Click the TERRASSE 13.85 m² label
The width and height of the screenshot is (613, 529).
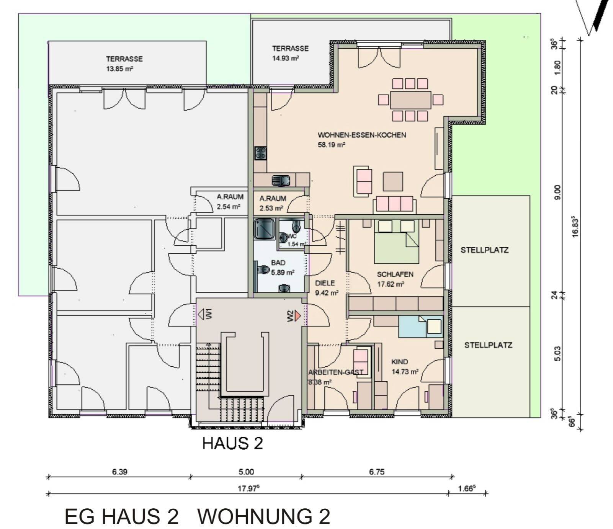coord(124,64)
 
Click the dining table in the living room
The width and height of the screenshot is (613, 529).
coord(410,100)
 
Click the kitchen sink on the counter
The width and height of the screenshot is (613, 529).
coord(281,180)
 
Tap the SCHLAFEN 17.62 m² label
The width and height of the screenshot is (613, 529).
coord(395,279)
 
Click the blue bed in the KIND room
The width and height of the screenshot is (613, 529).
coord(420,327)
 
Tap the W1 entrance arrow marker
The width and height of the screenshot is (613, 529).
coord(201,314)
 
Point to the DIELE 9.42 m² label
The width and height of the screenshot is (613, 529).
coord(326,288)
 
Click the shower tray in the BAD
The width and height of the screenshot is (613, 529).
coord(264,229)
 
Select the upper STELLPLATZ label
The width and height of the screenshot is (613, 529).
coord(484,250)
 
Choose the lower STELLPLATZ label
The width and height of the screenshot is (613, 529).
coord(488,345)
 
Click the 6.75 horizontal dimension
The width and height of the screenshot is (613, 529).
coord(376,472)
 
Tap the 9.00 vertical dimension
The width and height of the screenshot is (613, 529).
coord(557,192)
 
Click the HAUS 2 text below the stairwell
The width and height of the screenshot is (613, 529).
coord(232,443)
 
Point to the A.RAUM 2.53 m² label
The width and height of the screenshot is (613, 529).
coord(273,203)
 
